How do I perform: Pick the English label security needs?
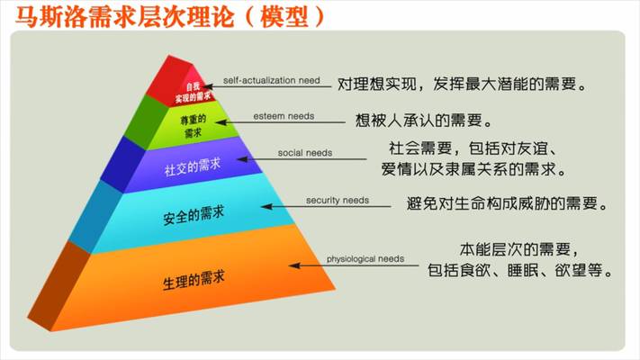click(x=337, y=200)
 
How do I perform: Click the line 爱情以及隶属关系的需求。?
click(x=473, y=168)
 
